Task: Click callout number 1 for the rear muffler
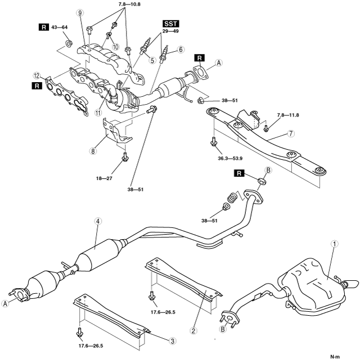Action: (334, 244)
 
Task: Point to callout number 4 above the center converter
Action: (98, 222)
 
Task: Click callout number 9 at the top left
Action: (80, 13)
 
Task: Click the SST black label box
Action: (170, 24)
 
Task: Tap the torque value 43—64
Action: (60, 26)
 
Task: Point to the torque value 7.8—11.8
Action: (288, 116)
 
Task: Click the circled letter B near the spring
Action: (269, 171)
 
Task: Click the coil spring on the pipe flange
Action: (230, 199)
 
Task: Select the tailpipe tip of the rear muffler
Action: (352, 283)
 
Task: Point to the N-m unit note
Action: (336, 356)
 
